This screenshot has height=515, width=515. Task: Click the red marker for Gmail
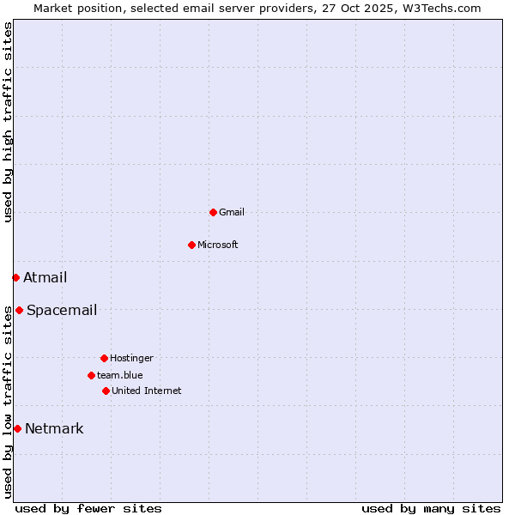[x=213, y=212]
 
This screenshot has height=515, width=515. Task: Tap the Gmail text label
[x=232, y=212]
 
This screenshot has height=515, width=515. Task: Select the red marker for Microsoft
[x=191, y=245]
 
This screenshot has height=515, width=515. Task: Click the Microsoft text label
[x=218, y=245]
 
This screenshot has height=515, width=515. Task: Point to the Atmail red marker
[x=15, y=277]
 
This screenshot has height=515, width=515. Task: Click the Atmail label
[x=45, y=277]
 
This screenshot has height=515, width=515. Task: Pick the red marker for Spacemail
[x=19, y=310]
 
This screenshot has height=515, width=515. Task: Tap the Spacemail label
[x=62, y=310]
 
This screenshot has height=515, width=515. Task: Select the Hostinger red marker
[x=104, y=358]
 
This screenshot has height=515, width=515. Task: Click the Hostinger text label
[x=131, y=358]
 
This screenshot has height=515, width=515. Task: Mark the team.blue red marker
[x=91, y=375]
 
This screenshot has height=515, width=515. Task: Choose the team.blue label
[x=120, y=375]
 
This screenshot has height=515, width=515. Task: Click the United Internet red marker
[x=106, y=391]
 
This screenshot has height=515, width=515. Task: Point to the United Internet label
[x=147, y=391]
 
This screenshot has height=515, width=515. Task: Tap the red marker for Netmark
[x=17, y=428]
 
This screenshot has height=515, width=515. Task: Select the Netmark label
[x=54, y=428]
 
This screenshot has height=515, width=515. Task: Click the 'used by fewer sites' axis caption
[x=88, y=508]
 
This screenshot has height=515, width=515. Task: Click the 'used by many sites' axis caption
[x=431, y=508]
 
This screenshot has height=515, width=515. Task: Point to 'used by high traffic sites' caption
[x=8, y=122]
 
